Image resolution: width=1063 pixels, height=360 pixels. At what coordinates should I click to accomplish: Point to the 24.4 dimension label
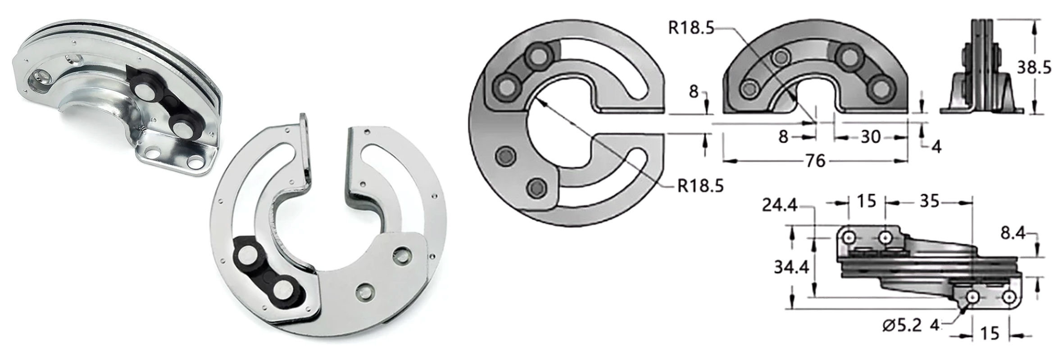click(x=779, y=206)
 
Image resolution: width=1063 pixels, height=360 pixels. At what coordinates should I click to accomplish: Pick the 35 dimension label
click(x=929, y=202)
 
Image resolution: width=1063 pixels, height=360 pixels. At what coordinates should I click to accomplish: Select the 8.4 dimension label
click(x=1013, y=234)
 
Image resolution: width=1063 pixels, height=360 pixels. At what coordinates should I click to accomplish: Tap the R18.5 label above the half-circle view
click(x=691, y=27)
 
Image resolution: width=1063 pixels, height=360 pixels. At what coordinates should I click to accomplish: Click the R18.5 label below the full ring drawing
click(x=700, y=186)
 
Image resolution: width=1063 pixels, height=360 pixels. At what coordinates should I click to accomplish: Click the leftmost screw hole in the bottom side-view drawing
click(x=849, y=237)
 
